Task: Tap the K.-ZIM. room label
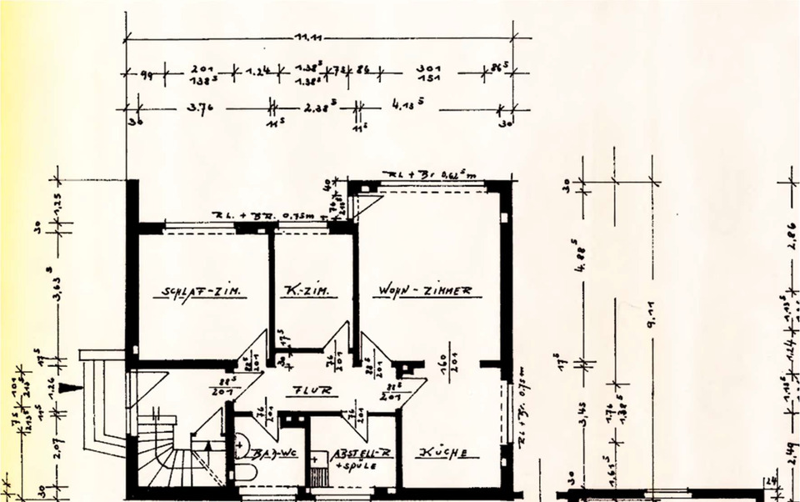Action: coord(306,292)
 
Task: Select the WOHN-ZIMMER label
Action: coord(425,291)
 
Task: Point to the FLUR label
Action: coord(314,389)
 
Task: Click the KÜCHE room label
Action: coord(448,453)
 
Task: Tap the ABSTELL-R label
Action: coord(361,453)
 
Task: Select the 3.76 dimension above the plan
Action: coord(197,108)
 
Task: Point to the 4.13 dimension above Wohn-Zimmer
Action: coord(409,106)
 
